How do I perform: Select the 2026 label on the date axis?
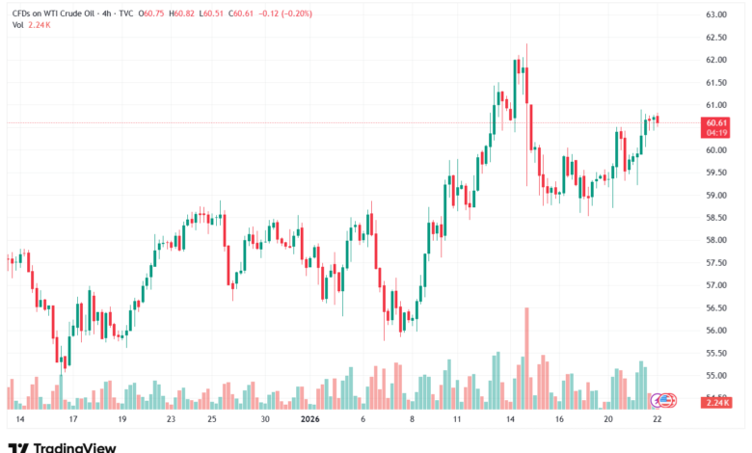tap(310, 420)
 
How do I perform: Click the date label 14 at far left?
tap(19, 420)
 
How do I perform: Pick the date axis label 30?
tap(264, 420)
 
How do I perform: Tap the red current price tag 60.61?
tap(715, 123)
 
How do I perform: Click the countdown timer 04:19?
tap(715, 134)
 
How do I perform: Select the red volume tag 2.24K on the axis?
tap(715, 404)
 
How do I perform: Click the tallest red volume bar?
tap(526, 357)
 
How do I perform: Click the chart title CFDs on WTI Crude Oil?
tap(58, 14)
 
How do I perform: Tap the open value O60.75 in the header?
tap(153, 14)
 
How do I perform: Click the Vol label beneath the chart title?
tap(17, 26)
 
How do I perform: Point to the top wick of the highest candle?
tap(526, 45)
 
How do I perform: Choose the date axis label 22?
tap(658, 420)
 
